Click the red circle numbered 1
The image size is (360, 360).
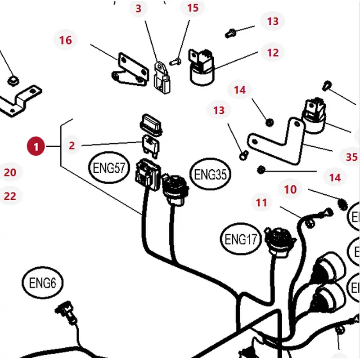pyautogui.click(x=36, y=146)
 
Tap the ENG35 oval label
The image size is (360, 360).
pyautogui.click(x=210, y=174)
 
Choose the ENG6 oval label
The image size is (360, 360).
pyautogui.click(x=42, y=283)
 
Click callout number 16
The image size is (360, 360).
pyautogui.click(x=65, y=40)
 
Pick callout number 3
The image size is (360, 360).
pyautogui.click(x=138, y=8)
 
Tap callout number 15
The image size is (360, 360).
pyautogui.click(x=192, y=8)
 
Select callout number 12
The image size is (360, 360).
pyautogui.click(x=273, y=53)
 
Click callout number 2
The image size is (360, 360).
pyautogui.click(x=72, y=145)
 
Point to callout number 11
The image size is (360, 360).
pyautogui.click(x=261, y=202)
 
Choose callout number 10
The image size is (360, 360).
pyautogui.click(x=291, y=189)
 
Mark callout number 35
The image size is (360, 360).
pyautogui.click(x=351, y=157)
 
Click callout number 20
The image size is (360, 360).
pyautogui.click(x=10, y=172)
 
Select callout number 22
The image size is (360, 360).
pyautogui.click(x=10, y=196)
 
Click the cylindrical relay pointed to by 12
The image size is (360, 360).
pyautogui.click(x=202, y=72)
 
